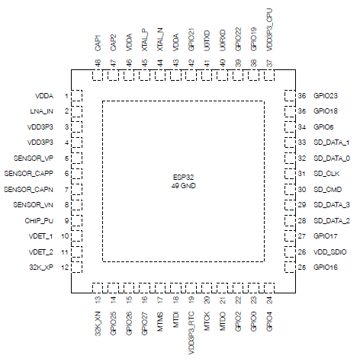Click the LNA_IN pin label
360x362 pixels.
click(x=43, y=111)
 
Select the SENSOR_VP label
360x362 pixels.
click(x=35, y=158)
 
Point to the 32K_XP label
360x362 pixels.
click(x=42, y=267)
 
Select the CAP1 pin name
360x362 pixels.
click(x=98, y=43)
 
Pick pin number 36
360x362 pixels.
click(x=302, y=96)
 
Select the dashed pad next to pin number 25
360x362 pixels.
click(x=289, y=267)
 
